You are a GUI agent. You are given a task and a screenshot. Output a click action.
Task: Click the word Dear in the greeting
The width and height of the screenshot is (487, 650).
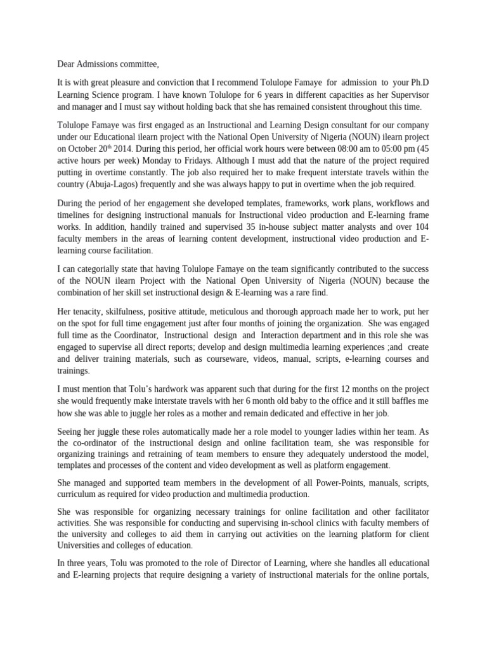67,63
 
